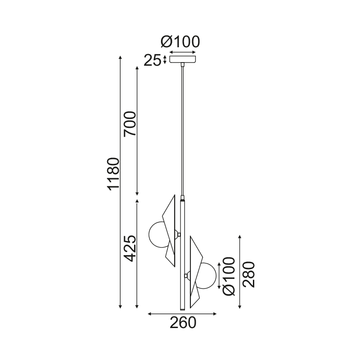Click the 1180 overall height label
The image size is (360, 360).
pyautogui.click(x=114, y=174)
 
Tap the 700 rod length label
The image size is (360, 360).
pyautogui.click(x=130, y=124)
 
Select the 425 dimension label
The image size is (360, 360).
pyautogui.click(x=130, y=248)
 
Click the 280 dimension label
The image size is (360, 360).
pyautogui.click(x=249, y=274)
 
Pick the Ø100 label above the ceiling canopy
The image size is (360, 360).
pyautogui.click(x=180, y=42)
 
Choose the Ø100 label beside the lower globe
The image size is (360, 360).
pyautogui.click(x=229, y=276)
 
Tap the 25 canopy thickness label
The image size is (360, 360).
pyautogui.click(x=152, y=61)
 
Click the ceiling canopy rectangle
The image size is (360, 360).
pyautogui.click(x=183, y=59)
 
